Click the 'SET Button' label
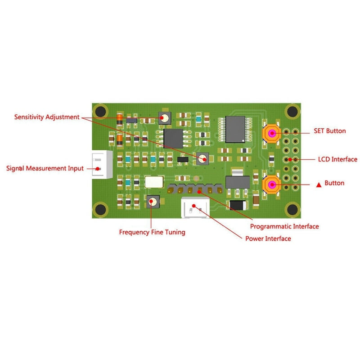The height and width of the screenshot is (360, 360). click(x=330, y=131)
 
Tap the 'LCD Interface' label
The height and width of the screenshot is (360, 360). click(x=337, y=159)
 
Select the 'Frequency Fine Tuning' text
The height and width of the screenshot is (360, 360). click(x=152, y=232)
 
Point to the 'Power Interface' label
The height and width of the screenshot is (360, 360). click(x=268, y=238)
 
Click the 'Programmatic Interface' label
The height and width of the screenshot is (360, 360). click(x=284, y=227)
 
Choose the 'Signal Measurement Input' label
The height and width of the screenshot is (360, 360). click(x=45, y=168)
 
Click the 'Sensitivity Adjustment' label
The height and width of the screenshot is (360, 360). click(x=47, y=117)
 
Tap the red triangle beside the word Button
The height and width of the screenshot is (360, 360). click(x=319, y=184)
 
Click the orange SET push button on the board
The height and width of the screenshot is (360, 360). click(x=272, y=133)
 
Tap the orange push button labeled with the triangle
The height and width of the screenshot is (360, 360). click(x=272, y=184)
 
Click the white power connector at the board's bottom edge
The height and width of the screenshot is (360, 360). click(x=195, y=207)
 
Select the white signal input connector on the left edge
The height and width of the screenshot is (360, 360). click(x=102, y=164)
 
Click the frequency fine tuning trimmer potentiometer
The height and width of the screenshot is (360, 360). click(x=153, y=202)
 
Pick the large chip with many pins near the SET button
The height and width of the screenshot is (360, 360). click(x=235, y=129)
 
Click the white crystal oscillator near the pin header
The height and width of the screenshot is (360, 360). click(x=154, y=182)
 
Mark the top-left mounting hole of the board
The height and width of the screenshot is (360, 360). click(x=100, y=112)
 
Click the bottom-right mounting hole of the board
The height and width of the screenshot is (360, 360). click(x=292, y=209)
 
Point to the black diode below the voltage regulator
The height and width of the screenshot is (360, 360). click(x=238, y=205)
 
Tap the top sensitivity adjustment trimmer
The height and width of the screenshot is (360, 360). click(x=165, y=118)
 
